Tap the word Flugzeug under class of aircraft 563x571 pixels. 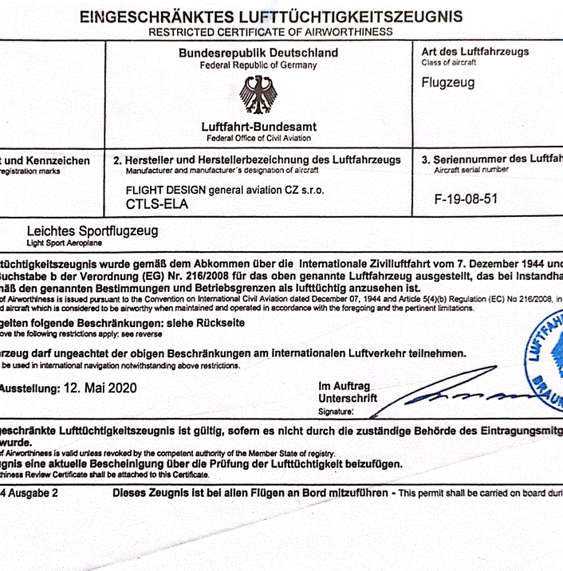click(x=447, y=82)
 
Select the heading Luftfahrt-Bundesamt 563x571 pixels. click(x=258, y=127)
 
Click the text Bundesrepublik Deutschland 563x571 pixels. click(x=258, y=53)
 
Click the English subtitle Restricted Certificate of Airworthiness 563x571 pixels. click(x=270, y=32)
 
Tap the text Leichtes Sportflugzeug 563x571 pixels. click(x=93, y=231)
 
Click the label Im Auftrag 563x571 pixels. click(x=344, y=387)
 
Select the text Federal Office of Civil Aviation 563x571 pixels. click(x=258, y=138)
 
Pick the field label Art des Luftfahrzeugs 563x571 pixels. click(x=474, y=52)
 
